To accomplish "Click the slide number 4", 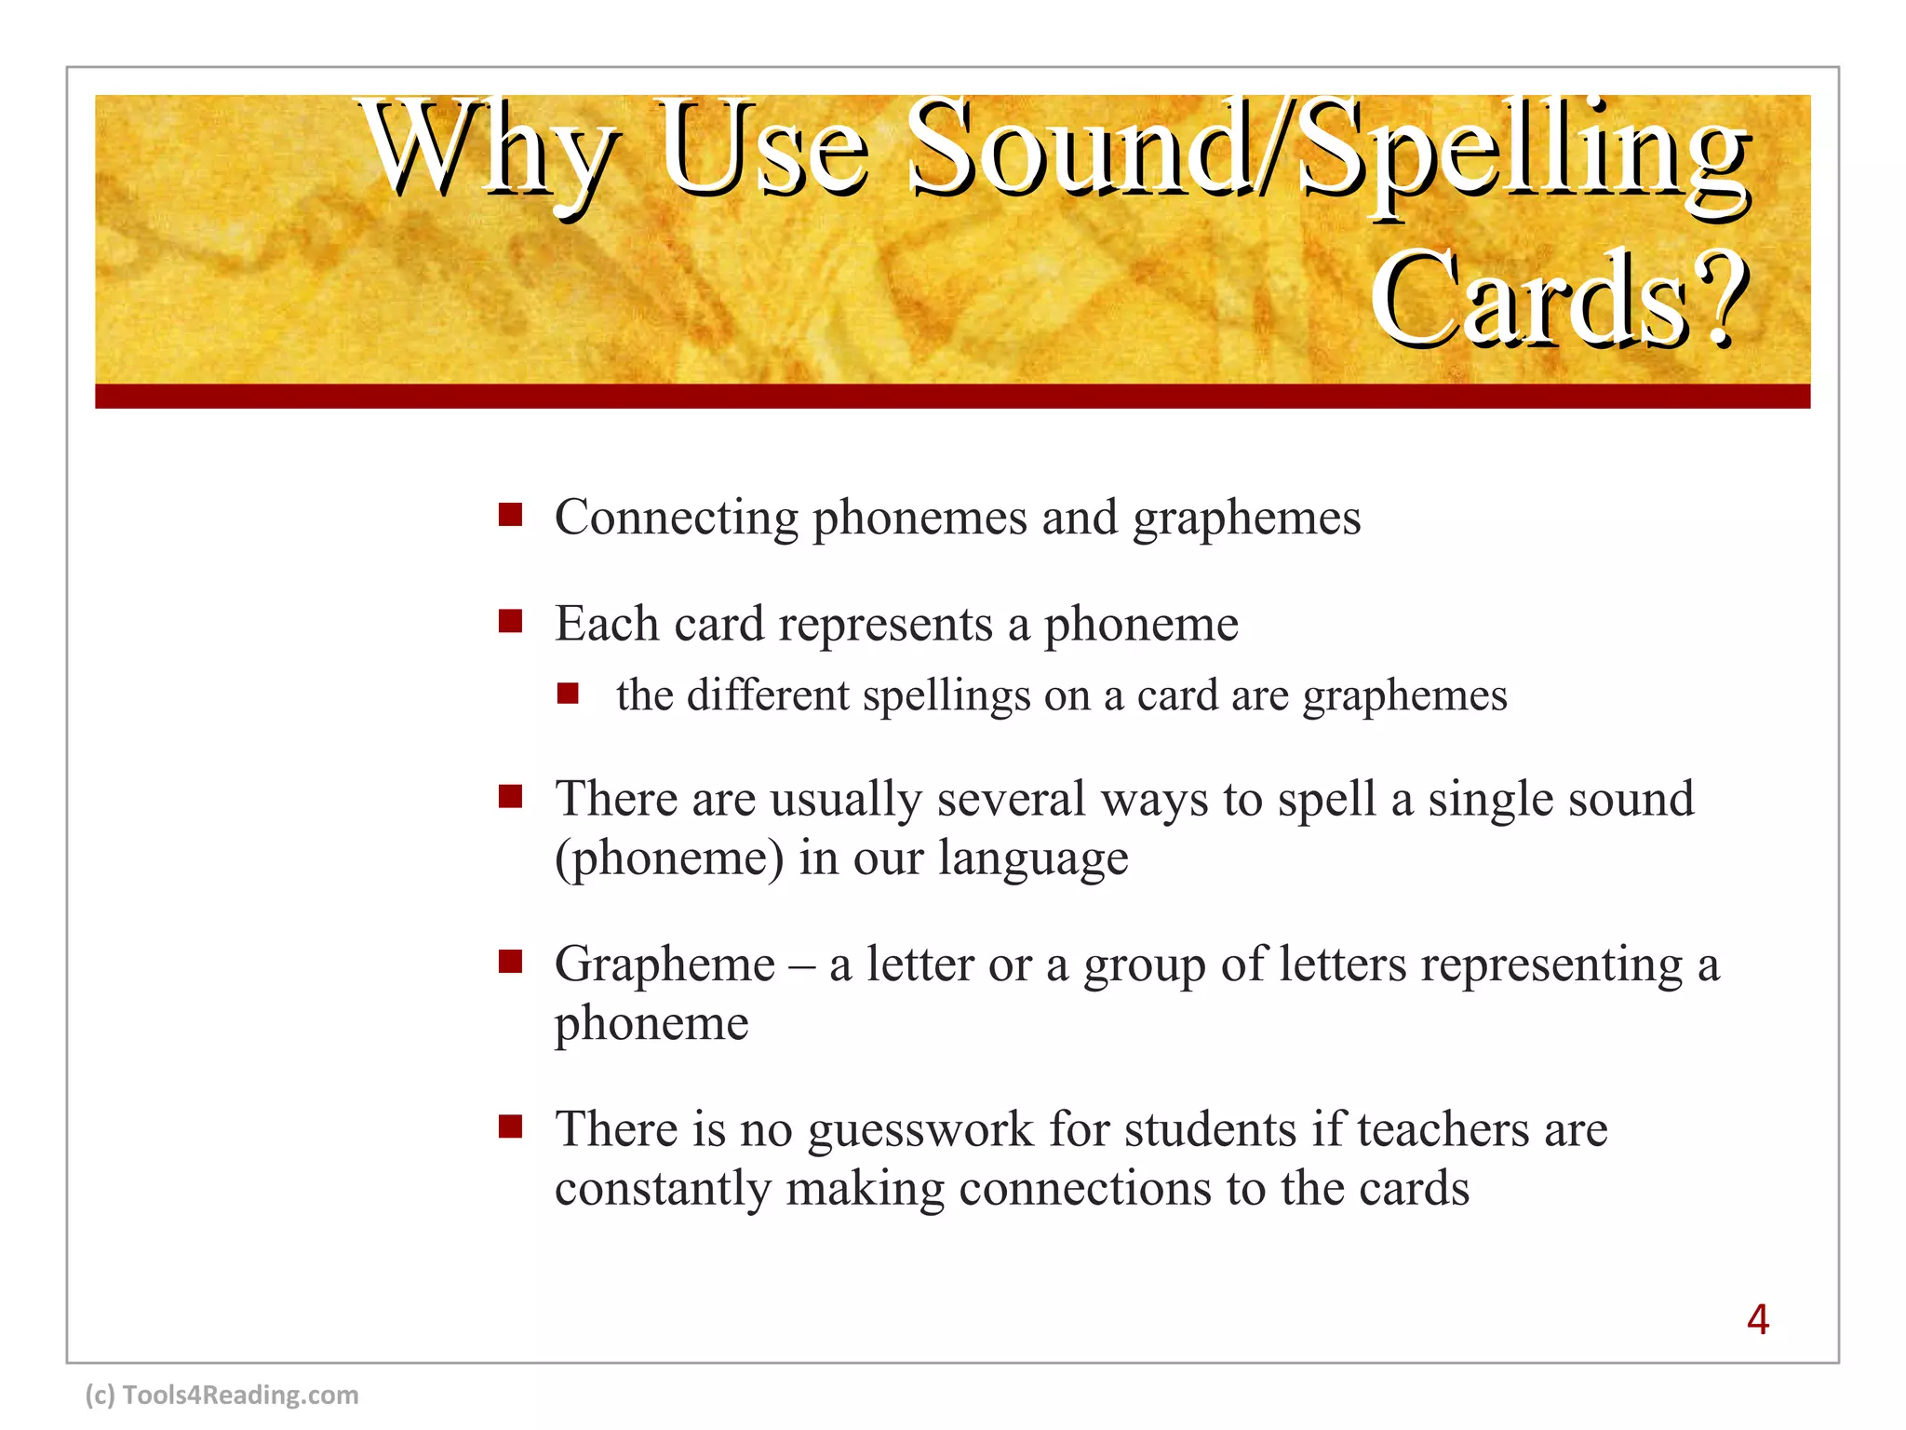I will click(x=1757, y=1319).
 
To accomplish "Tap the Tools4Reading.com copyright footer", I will click(x=221, y=1395).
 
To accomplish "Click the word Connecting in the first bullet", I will click(x=677, y=518).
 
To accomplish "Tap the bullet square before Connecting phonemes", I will click(x=510, y=515).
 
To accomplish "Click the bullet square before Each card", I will click(x=510, y=621).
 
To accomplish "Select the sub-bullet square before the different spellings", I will click(x=569, y=694).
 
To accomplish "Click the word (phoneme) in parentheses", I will click(x=669, y=858).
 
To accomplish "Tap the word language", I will click(x=1033, y=858).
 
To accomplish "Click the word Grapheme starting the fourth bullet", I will click(x=664, y=965).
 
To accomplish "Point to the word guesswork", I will click(x=920, y=1130).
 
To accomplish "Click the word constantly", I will click(x=664, y=1189).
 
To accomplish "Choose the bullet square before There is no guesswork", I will click(x=510, y=1127).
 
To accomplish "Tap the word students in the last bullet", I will click(x=1211, y=1130).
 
